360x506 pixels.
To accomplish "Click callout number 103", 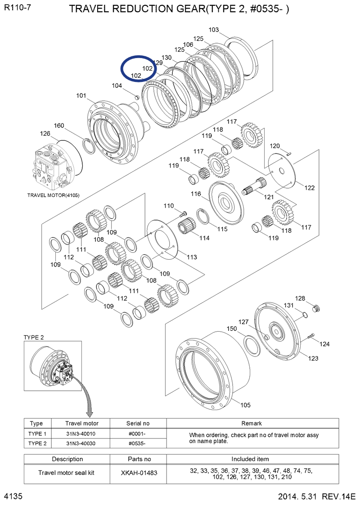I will coord(214,30).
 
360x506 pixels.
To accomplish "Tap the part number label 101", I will coord(81,95).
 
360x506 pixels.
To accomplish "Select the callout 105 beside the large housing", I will coord(245,405).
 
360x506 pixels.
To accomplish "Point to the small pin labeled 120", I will coord(291,153).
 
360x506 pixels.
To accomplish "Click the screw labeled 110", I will coord(182,212).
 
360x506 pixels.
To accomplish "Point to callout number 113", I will coord(192,257).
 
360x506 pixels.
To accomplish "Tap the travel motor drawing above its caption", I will coord(53,167).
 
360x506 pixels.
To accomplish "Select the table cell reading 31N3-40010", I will coord(81,434).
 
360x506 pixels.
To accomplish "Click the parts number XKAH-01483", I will coord(139,473).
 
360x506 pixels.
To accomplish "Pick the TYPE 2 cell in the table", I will coord(37,443).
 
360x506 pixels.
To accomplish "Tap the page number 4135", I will coord(13,496).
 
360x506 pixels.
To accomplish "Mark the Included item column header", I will coord(250,459).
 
